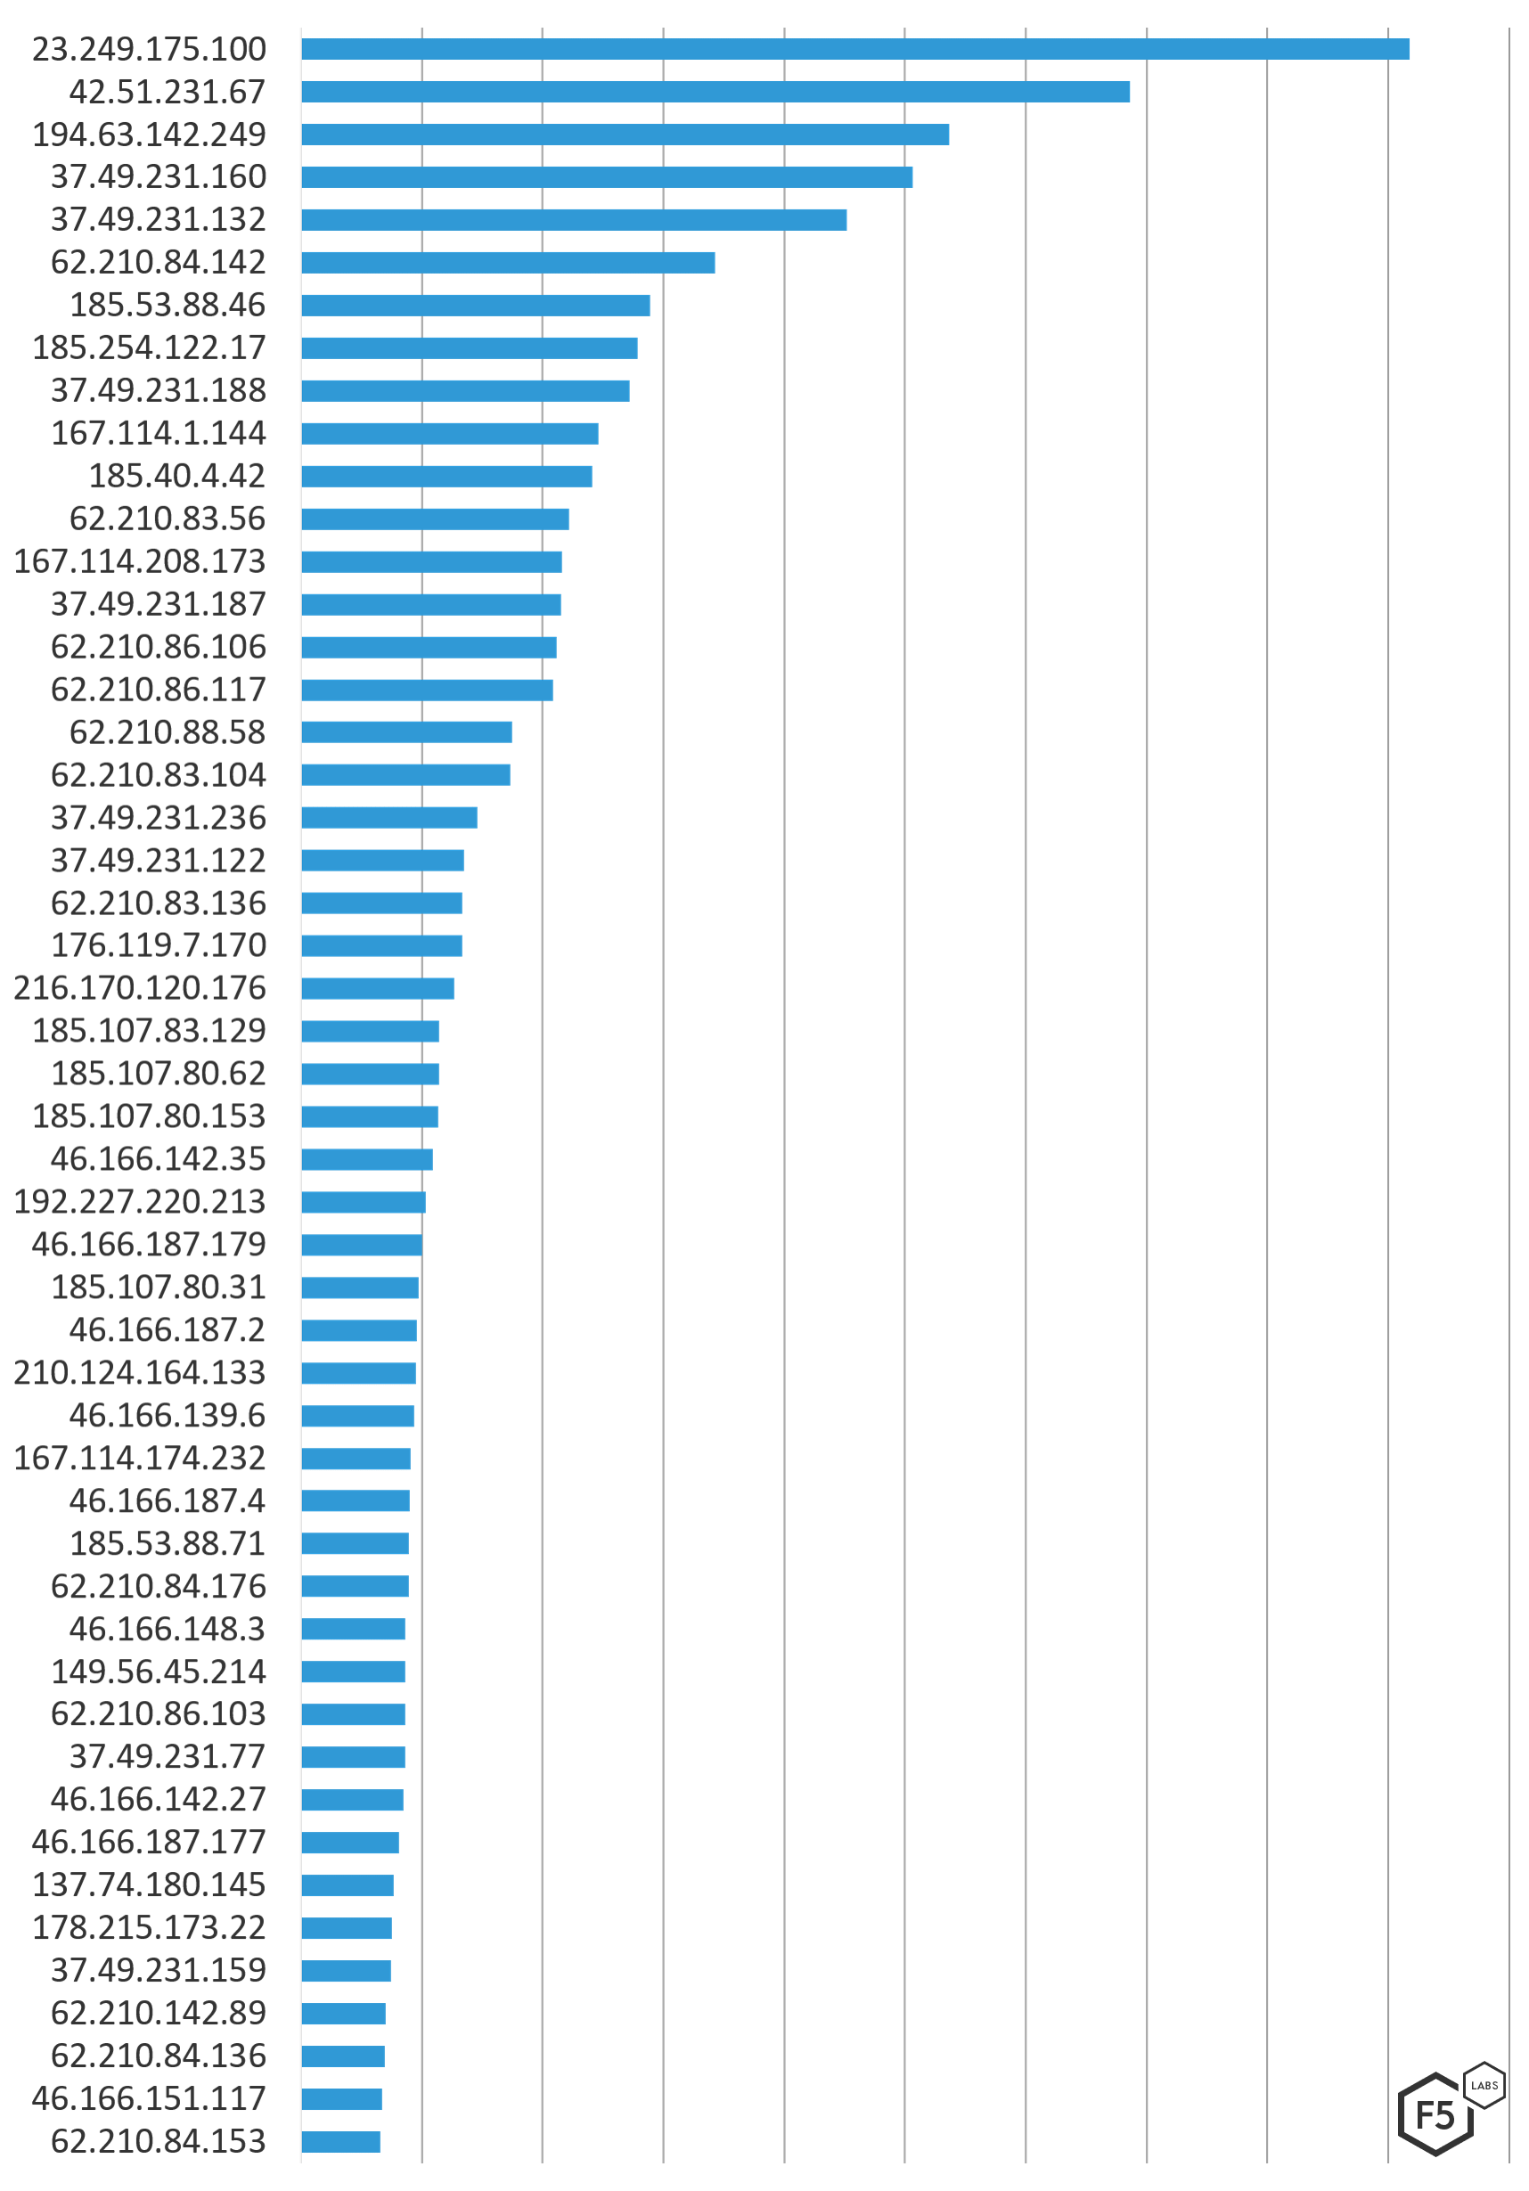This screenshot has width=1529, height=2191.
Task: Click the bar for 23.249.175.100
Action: [x=855, y=49]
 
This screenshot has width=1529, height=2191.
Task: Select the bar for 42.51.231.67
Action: [x=715, y=92]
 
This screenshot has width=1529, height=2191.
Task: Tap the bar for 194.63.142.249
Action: [x=625, y=134]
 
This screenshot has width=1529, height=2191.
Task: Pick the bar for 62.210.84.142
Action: [x=508, y=263]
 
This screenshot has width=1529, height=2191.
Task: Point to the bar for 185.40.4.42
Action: [x=446, y=476]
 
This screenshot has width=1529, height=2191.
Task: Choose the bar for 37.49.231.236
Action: [x=389, y=818]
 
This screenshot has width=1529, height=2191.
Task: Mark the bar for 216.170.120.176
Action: [x=378, y=989]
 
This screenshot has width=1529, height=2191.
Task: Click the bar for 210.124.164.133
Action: [x=359, y=1373]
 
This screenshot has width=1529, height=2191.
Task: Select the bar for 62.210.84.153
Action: [x=340, y=2142]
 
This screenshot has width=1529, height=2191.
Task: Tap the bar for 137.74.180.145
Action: [x=347, y=1885]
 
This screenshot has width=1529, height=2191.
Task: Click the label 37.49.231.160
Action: [x=159, y=176]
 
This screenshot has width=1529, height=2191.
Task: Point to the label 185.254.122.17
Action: [x=149, y=347]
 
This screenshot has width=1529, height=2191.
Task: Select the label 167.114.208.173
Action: [x=140, y=561]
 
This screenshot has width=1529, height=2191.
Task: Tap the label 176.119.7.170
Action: [x=159, y=945]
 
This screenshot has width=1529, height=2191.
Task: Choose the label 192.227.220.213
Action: [x=140, y=1202]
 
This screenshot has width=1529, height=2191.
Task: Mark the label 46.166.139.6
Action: [x=167, y=1416]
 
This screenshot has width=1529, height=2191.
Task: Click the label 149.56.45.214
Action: [x=159, y=1672]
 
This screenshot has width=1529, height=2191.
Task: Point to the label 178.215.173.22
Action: [x=149, y=1928]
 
